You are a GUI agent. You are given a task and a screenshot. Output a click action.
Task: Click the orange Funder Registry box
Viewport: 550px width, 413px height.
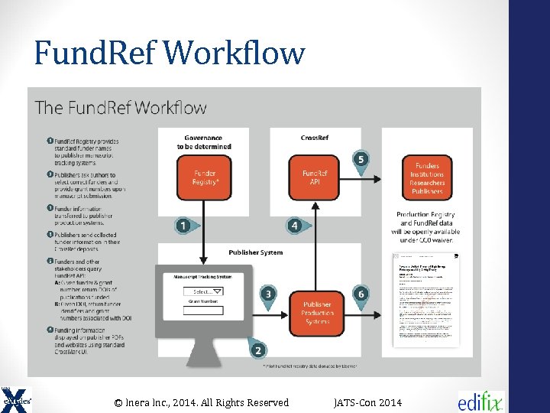click(205, 178)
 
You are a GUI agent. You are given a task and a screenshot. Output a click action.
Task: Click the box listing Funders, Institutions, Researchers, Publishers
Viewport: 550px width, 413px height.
click(427, 178)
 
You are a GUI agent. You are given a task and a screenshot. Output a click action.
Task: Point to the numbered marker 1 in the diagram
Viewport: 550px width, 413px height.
click(183, 226)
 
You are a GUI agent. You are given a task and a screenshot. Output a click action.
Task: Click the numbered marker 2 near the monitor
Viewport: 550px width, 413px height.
click(258, 350)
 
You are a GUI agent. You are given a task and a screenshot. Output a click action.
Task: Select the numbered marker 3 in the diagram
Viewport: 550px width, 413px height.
click(268, 294)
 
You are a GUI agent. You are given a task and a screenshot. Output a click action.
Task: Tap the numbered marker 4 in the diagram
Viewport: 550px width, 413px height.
click(294, 226)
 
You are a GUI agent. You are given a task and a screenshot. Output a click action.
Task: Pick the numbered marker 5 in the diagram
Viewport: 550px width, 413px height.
click(361, 159)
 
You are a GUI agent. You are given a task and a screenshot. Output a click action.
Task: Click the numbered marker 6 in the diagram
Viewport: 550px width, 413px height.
click(361, 294)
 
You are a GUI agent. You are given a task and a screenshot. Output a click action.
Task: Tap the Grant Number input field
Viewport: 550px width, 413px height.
click(203, 311)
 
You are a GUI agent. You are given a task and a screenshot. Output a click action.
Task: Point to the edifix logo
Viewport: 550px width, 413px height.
click(480, 401)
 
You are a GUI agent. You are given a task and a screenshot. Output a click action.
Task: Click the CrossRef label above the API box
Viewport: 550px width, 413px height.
click(315, 138)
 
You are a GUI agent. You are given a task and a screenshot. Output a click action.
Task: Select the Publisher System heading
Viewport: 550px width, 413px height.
click(255, 252)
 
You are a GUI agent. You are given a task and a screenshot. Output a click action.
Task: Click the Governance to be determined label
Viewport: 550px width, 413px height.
click(204, 141)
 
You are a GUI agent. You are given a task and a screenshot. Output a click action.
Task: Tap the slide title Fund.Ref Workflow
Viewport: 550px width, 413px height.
click(170, 54)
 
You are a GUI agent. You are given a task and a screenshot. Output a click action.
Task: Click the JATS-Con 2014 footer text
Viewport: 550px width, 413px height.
click(367, 402)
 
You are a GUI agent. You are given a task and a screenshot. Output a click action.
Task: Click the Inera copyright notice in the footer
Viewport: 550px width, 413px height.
click(201, 402)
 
